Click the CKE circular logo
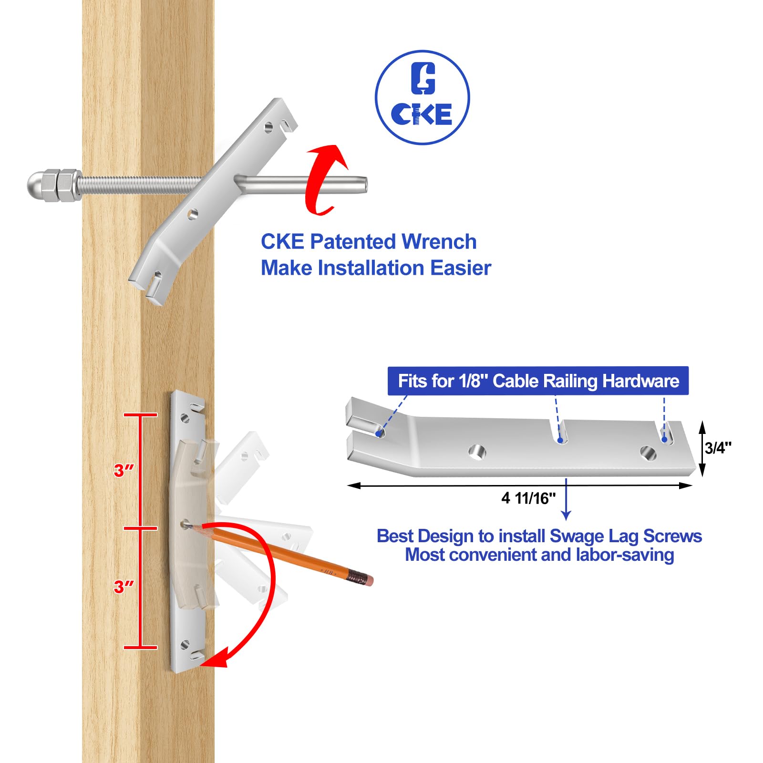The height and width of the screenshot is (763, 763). (422, 97)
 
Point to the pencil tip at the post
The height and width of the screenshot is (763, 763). (187, 526)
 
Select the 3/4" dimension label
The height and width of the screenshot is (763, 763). (718, 448)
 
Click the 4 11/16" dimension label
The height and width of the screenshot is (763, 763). (528, 498)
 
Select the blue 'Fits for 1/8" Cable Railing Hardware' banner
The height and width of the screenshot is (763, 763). (538, 381)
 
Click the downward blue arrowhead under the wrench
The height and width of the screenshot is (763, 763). (566, 516)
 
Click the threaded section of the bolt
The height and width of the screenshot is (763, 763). (138, 185)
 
